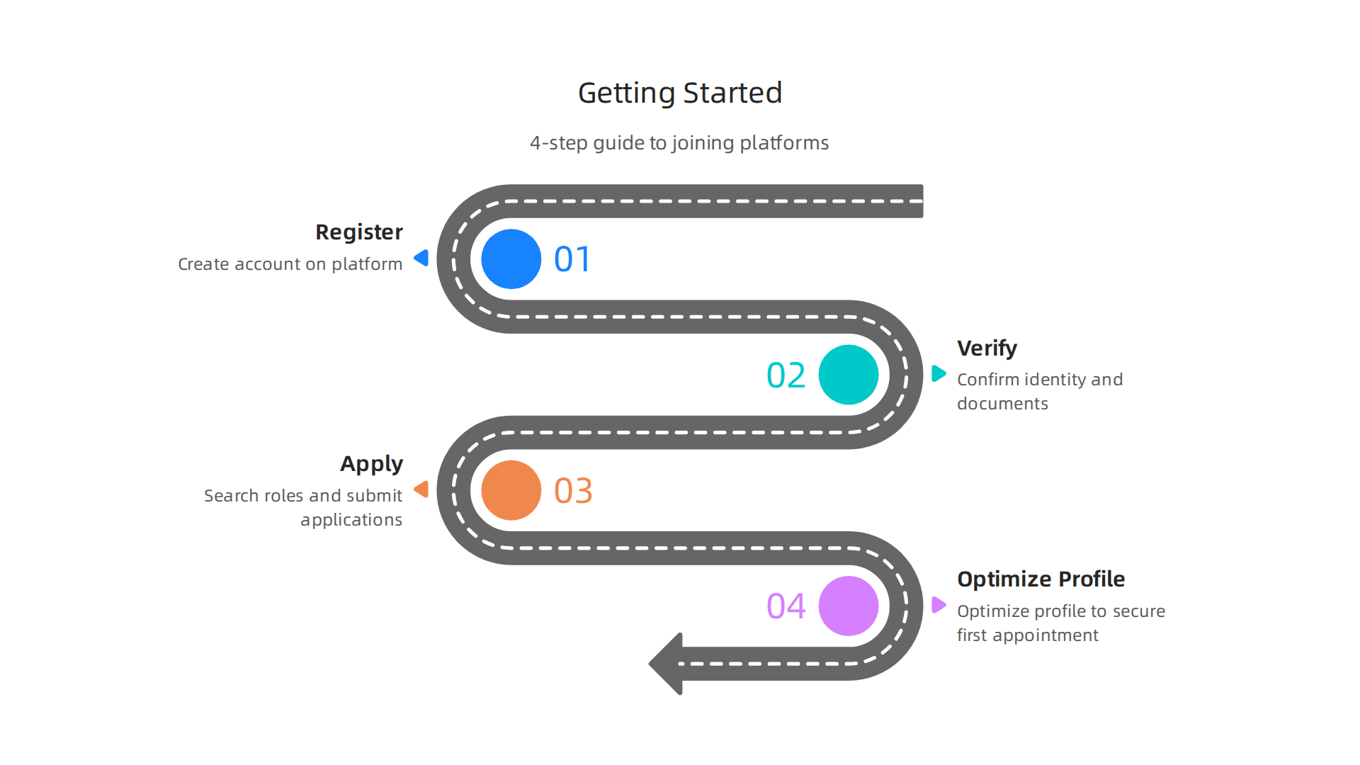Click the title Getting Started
(x=680, y=93)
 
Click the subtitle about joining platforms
(x=679, y=143)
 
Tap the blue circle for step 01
(x=511, y=259)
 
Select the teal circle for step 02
(x=848, y=375)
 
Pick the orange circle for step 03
(x=511, y=490)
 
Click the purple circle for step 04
(x=848, y=606)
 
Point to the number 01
(x=572, y=259)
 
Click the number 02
(x=786, y=375)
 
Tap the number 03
(x=573, y=491)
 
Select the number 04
(x=786, y=606)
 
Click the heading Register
(x=358, y=232)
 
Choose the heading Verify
(x=987, y=348)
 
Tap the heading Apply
(x=371, y=464)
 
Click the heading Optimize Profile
(x=1041, y=579)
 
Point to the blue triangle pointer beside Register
(x=422, y=258)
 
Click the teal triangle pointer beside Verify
(x=938, y=373)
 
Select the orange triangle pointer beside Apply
(x=422, y=489)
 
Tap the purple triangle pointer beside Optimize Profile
(x=938, y=605)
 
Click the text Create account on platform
(x=290, y=264)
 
